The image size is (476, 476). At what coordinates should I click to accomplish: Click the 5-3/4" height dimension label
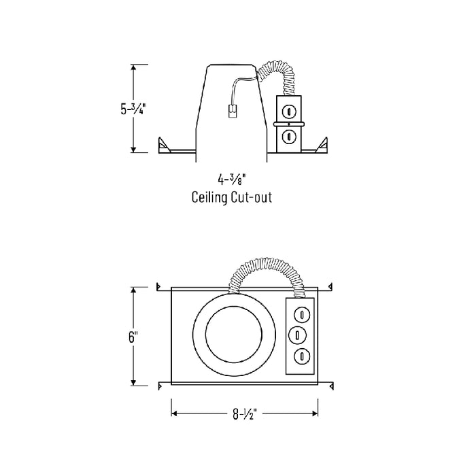(134, 109)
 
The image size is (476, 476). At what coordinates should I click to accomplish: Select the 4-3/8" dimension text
(232, 180)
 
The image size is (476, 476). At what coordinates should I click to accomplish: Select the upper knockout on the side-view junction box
(289, 109)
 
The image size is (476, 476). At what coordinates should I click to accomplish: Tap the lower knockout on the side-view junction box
(289, 136)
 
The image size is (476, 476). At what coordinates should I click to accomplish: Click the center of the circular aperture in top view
(235, 335)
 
